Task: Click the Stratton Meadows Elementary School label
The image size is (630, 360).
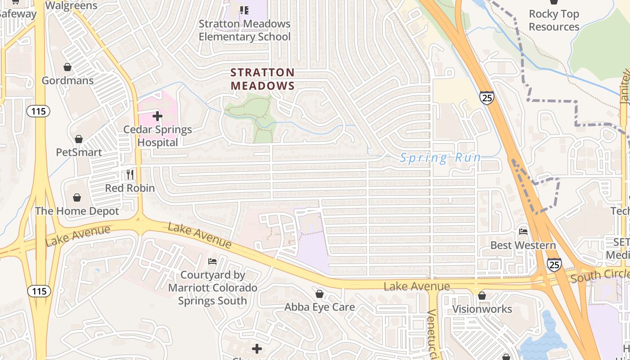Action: (x=245, y=30)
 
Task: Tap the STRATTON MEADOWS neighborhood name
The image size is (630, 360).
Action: (x=263, y=79)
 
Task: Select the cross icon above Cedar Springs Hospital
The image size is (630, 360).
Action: (x=157, y=116)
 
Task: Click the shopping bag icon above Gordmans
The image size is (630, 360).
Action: (x=67, y=67)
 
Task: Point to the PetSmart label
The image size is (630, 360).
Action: (x=79, y=152)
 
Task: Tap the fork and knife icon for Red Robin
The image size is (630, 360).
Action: (x=130, y=174)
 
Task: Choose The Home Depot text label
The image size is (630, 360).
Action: (x=77, y=211)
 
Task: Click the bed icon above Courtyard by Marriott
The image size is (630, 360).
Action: (x=212, y=261)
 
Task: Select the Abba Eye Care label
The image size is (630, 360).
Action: (x=319, y=307)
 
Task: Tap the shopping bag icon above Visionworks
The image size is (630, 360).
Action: (x=482, y=296)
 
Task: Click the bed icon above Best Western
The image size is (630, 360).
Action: (x=523, y=232)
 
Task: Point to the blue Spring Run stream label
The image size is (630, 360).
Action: (x=441, y=157)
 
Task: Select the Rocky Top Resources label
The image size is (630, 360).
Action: (x=554, y=20)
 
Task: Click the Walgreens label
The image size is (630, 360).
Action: (x=72, y=5)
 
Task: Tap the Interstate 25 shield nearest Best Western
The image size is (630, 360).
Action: (x=554, y=265)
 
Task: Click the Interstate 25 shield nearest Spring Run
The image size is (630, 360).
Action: (x=486, y=98)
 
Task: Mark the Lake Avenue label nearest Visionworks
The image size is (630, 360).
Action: (x=417, y=286)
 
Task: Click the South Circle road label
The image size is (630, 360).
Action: (x=600, y=275)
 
